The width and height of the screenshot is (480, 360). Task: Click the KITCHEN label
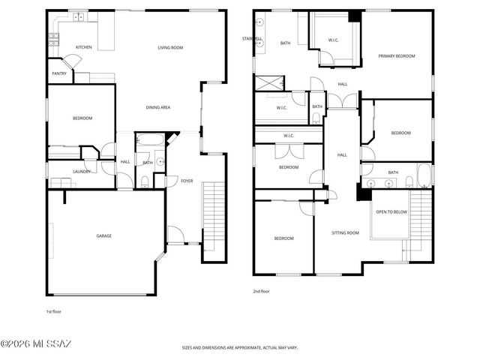[84, 47]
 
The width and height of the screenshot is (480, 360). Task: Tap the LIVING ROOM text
[170, 47]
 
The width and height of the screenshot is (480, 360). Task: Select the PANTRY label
[58, 73]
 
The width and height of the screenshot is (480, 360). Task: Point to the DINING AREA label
[157, 107]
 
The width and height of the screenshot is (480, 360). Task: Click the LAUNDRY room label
[82, 172]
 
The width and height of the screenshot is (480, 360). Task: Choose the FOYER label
[187, 180]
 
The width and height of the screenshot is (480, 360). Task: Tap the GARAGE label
[103, 236]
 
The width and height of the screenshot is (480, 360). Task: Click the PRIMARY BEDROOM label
[397, 55]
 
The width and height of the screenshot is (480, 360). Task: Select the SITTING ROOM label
[345, 233]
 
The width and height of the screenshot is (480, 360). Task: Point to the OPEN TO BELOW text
[391, 212]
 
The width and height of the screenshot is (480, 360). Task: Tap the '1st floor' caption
[54, 310]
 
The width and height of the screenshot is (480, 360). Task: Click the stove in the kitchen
[53, 40]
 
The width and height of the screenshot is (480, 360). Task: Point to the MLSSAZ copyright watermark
[35, 344]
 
